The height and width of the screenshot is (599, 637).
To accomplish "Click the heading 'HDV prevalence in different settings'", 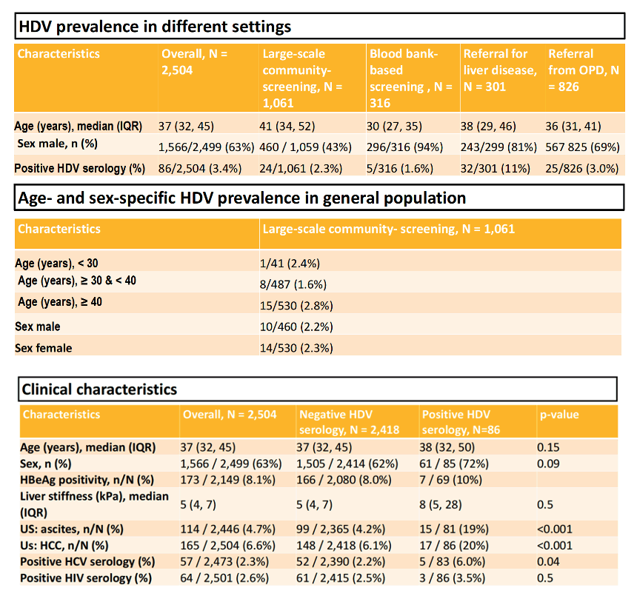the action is (155, 27).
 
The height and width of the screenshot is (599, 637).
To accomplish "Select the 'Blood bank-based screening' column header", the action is (411, 78).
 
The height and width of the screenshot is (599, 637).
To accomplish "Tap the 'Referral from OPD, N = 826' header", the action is (584, 70).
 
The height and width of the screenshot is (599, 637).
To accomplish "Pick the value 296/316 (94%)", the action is (404, 147).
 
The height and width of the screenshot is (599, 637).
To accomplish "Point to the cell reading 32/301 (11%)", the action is (496, 169).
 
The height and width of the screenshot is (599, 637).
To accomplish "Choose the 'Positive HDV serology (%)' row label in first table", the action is (80, 169).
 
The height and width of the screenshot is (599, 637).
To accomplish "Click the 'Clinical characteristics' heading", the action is (99, 389).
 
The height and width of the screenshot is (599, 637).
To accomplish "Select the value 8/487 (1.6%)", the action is (293, 284).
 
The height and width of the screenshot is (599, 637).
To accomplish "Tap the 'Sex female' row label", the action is (44, 348).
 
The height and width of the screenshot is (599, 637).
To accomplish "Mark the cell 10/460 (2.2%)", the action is (296, 327).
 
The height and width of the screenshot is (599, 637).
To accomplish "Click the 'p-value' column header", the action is (559, 415).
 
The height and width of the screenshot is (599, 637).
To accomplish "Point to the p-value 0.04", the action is (548, 562).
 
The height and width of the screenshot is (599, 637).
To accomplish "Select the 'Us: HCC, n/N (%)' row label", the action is (64, 546).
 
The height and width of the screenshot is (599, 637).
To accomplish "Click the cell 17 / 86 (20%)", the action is (454, 546).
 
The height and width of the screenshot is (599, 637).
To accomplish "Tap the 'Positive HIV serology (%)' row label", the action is (86, 578).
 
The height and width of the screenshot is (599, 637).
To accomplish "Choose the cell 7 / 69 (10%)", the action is (450, 480).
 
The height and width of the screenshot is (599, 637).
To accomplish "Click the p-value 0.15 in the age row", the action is (548, 447).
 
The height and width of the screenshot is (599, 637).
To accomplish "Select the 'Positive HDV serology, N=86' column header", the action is (461, 422).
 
